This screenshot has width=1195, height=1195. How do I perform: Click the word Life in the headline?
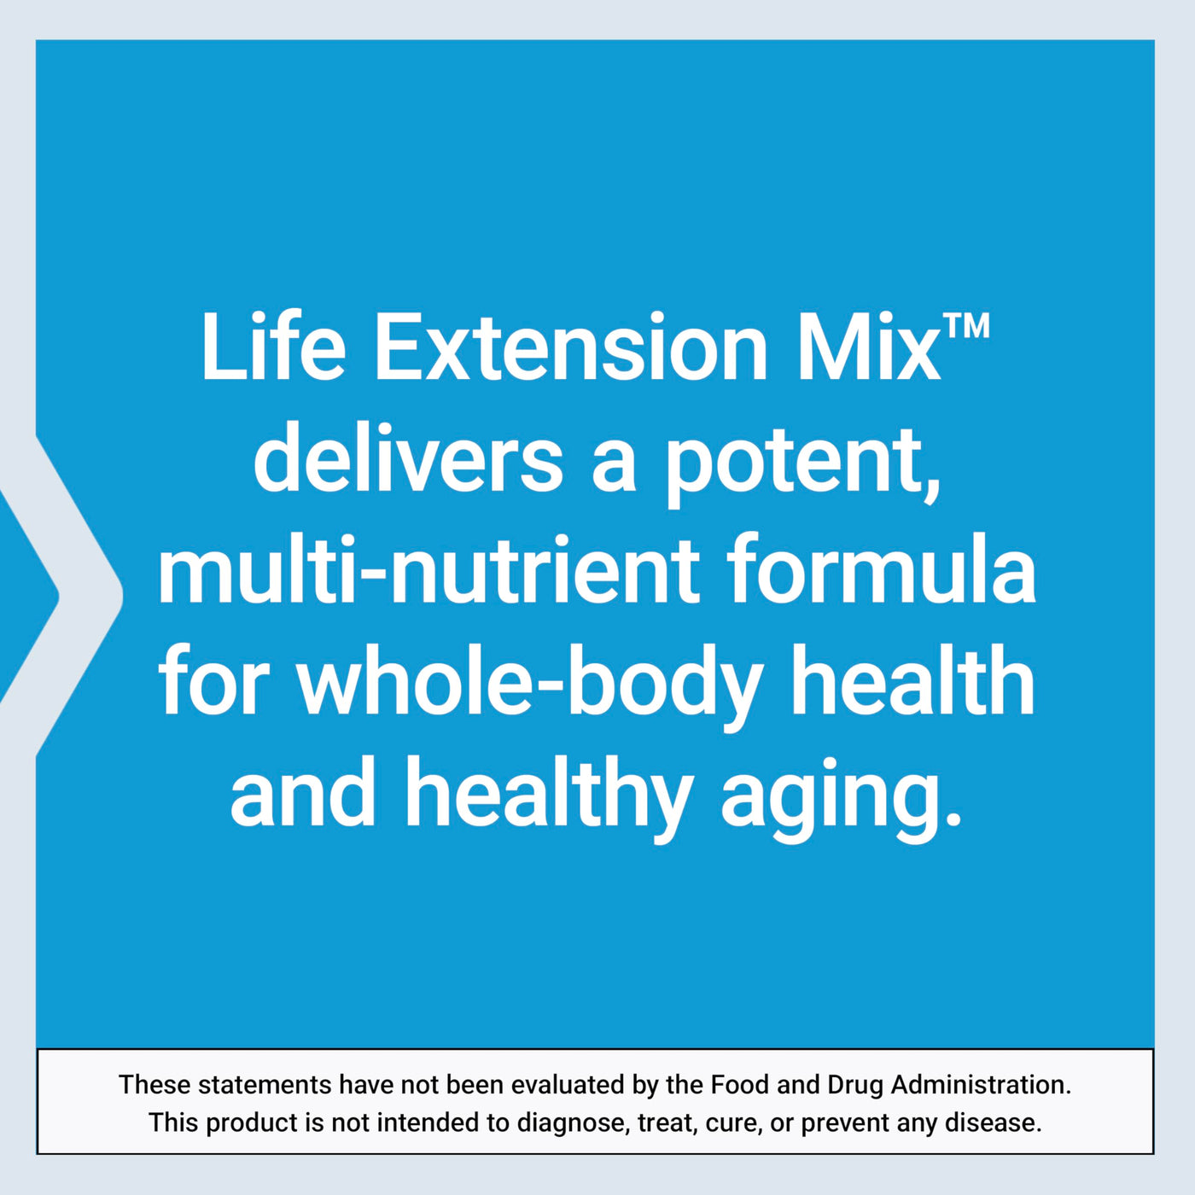coord(273,347)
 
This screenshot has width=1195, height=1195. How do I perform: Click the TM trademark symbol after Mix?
coord(966,326)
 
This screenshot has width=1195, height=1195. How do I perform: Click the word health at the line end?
coord(913,680)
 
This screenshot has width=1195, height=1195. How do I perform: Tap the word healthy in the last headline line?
coord(549,798)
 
